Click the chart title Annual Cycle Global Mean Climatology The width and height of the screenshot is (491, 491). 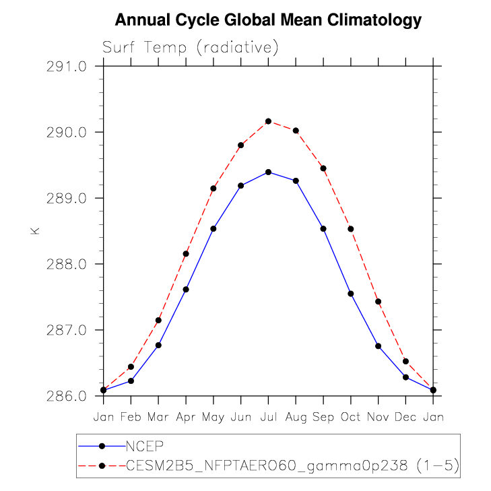(x=268, y=21)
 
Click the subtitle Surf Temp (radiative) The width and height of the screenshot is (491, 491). (x=191, y=48)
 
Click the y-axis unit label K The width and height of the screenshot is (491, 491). (x=35, y=230)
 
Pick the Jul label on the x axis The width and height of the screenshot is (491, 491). (x=268, y=417)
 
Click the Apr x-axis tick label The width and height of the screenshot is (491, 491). (x=186, y=417)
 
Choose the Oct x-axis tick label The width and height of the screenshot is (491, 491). (x=351, y=417)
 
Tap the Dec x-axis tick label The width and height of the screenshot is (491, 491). (x=405, y=417)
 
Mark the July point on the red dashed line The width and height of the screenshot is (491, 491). (x=268, y=121)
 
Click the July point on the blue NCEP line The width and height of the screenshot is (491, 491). (x=268, y=172)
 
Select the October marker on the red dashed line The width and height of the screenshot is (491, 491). (x=351, y=229)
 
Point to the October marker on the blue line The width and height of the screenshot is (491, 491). (x=351, y=294)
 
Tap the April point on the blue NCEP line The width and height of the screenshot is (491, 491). (x=186, y=290)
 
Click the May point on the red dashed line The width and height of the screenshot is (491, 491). (x=214, y=189)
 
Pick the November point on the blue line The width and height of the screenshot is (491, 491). (x=379, y=346)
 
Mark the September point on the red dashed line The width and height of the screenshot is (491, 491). (x=323, y=168)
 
